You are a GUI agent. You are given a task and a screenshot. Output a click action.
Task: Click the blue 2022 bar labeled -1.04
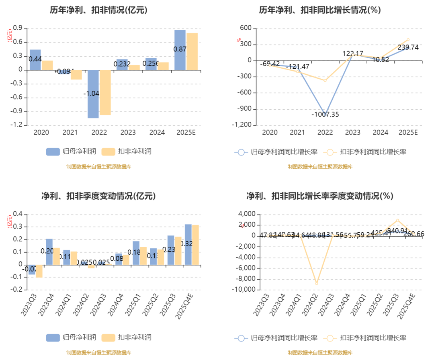click(93, 94)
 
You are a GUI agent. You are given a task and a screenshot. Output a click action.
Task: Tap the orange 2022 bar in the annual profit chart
click(105, 92)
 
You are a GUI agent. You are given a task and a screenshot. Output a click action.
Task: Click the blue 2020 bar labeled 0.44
click(35, 60)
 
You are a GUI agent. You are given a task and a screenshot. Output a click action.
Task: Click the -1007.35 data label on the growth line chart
click(325, 115)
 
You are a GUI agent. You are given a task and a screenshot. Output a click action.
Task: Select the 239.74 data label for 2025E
click(407, 47)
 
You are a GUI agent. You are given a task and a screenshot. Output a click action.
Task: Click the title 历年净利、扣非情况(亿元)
click(98, 10)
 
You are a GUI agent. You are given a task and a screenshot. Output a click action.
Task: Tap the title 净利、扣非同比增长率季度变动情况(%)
click(319, 196)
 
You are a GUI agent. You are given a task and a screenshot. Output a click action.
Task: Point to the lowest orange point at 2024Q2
click(317, 284)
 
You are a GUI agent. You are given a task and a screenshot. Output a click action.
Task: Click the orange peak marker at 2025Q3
click(397, 220)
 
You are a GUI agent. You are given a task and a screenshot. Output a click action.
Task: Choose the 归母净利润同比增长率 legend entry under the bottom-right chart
click(284, 338)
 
